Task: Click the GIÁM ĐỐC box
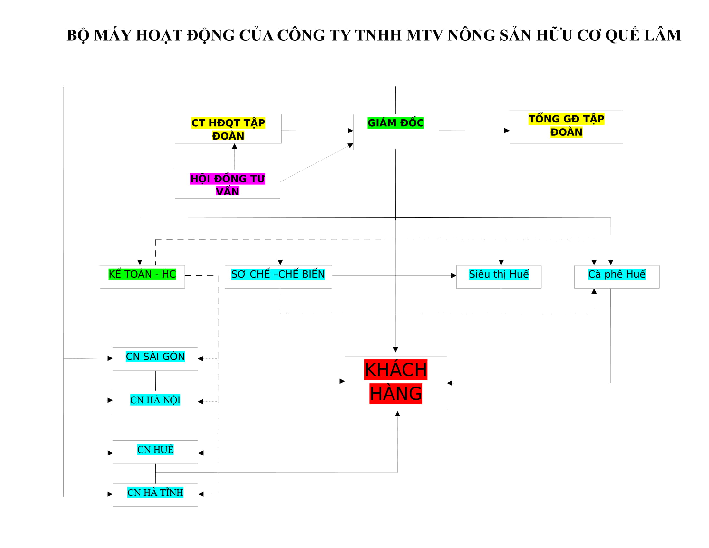395,132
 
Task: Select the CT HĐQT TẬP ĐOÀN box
228,129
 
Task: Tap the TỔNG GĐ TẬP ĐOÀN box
566,127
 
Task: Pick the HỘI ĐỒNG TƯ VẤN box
227,184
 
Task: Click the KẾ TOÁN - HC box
142,277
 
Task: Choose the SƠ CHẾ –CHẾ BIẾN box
278,277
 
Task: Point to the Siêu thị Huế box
498,277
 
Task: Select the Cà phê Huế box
617,277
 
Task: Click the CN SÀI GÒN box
155,359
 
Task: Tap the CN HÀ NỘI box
155,402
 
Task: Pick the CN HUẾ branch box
155,452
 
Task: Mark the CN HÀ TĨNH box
155,495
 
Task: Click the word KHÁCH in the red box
395,369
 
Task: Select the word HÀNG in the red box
395,394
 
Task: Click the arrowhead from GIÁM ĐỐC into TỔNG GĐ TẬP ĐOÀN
506,131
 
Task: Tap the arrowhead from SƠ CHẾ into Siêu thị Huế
453,276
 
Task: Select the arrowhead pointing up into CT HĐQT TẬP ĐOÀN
234,146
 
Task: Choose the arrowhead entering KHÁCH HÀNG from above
395,350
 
